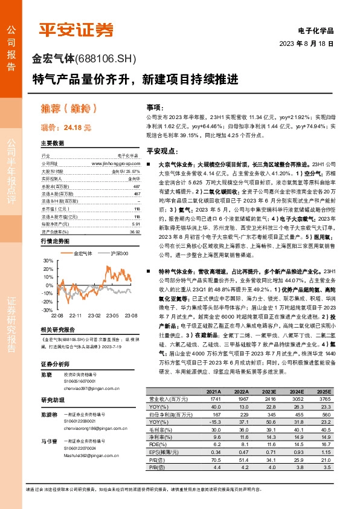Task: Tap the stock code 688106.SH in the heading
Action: pos(106,59)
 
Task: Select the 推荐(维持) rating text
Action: pos(68,109)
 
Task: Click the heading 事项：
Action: pos(155,105)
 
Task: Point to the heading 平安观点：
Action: pos(162,151)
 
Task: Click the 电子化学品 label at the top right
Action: pos(315,30)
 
